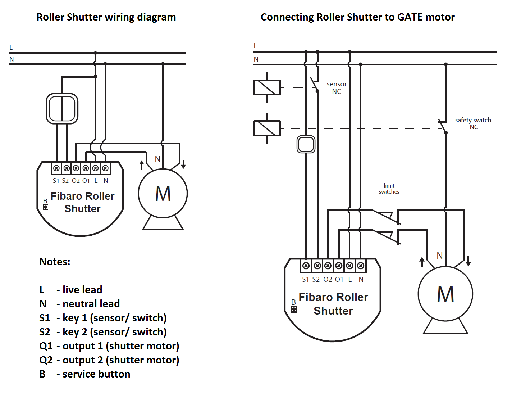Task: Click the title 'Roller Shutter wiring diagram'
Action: coord(106,17)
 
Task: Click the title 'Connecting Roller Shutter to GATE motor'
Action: coord(357,17)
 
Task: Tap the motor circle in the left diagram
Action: coord(163,194)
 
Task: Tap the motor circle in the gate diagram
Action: coord(445,294)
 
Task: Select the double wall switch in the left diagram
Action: coord(62,109)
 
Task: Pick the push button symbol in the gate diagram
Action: coord(306,144)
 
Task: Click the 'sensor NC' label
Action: coord(337,88)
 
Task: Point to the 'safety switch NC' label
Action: coord(473,123)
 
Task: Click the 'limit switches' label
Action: coord(389,189)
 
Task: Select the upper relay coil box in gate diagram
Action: coord(267,87)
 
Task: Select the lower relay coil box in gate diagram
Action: coord(267,128)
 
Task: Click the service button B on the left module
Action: coord(46,207)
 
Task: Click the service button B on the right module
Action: coord(294,309)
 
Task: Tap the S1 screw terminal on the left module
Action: coord(56,168)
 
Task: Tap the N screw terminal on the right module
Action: coord(361,266)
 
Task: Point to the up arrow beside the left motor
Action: coord(142,165)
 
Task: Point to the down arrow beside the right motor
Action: coord(468,261)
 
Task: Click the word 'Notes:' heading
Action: coord(55,262)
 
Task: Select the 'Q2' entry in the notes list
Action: coord(46,360)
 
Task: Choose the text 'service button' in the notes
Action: coord(96,374)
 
